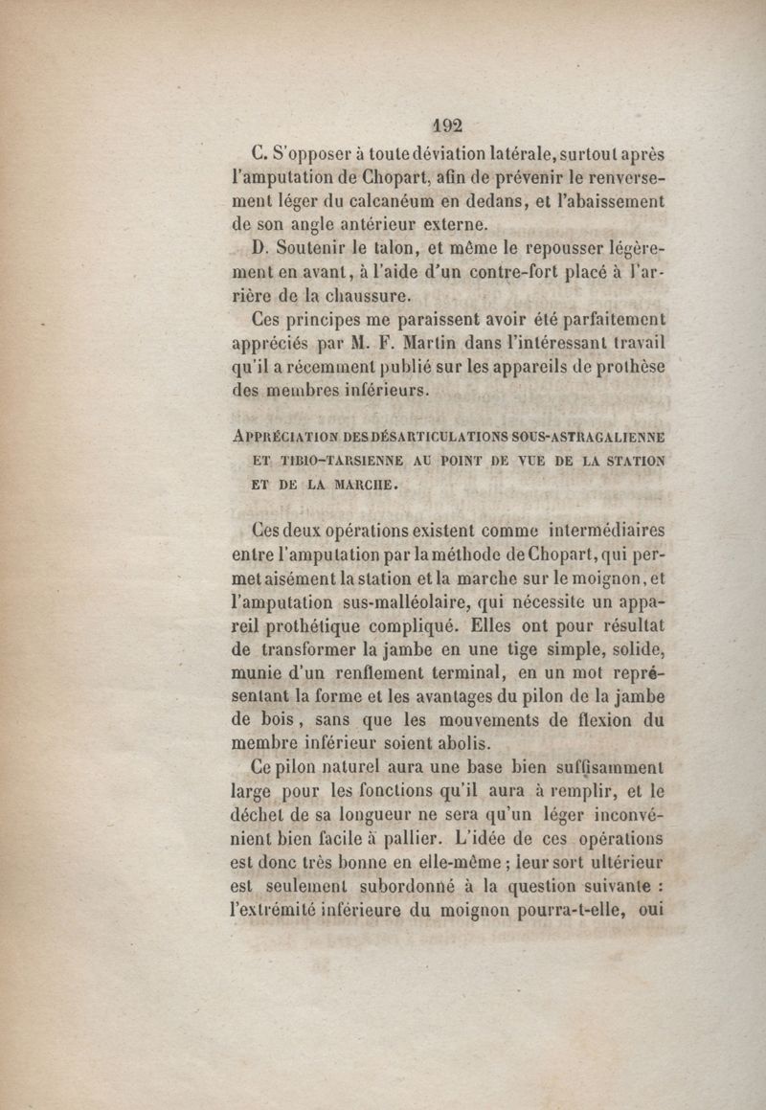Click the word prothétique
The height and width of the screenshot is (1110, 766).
click(326, 625)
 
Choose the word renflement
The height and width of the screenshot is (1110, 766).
click(374, 672)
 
